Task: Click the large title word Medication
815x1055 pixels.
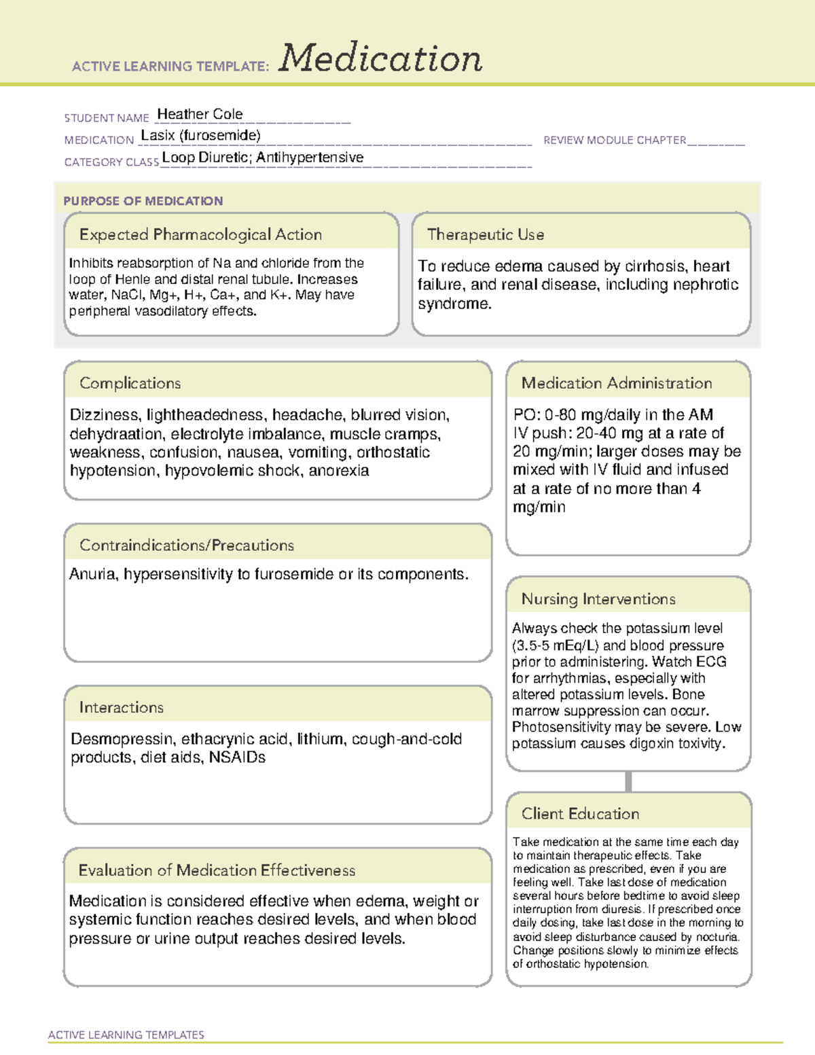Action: pyautogui.click(x=380, y=58)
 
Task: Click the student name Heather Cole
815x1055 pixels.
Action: pyautogui.click(x=200, y=114)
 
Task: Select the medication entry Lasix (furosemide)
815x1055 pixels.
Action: pyautogui.click(x=200, y=135)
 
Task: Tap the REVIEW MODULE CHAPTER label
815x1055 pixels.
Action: pyautogui.click(x=615, y=140)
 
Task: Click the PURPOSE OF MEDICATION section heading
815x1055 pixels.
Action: pyautogui.click(x=143, y=201)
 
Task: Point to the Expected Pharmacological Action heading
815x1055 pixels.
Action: pyautogui.click(x=200, y=234)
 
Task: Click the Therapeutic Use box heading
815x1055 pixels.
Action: pyautogui.click(x=486, y=234)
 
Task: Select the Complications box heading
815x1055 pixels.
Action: pyautogui.click(x=130, y=383)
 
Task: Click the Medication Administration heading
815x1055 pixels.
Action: pyautogui.click(x=617, y=383)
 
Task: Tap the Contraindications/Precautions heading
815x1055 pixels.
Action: pyautogui.click(x=187, y=546)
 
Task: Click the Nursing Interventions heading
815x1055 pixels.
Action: pyautogui.click(x=598, y=599)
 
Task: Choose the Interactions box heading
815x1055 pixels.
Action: pyautogui.click(x=122, y=708)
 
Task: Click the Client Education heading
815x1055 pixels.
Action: pyautogui.click(x=581, y=814)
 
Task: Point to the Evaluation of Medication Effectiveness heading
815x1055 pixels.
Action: pyautogui.click(x=217, y=870)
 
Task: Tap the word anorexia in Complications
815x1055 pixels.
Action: pyautogui.click(x=339, y=471)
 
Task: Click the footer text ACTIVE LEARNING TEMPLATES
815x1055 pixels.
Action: pyautogui.click(x=126, y=1035)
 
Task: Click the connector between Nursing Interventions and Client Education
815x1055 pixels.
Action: pyautogui.click(x=628, y=781)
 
